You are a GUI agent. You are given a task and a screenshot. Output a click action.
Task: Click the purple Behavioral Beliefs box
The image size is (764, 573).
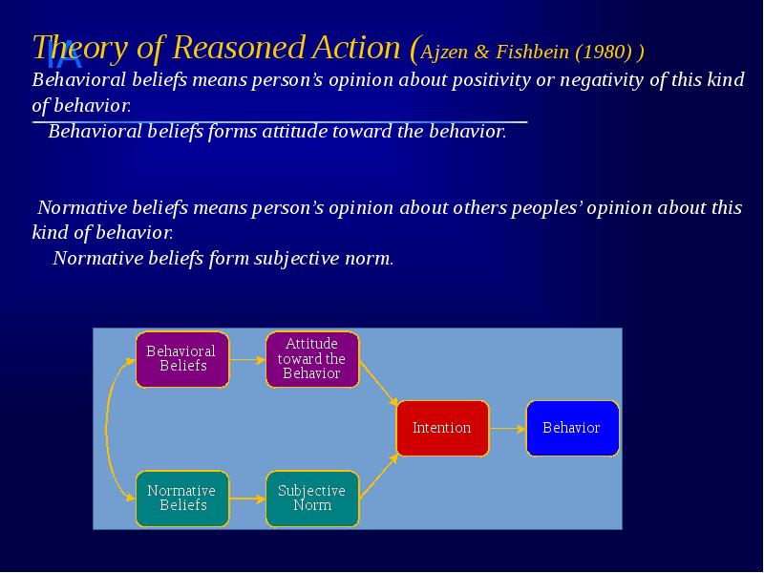pos(182,359)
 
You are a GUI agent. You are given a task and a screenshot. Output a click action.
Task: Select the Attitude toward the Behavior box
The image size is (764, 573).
pos(311,359)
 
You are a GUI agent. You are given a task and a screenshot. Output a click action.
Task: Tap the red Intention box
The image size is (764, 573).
pos(441,428)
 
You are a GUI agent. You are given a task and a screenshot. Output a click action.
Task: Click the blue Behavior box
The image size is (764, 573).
pos(571,428)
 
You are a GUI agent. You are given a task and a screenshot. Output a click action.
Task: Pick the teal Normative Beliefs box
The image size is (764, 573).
pos(182,498)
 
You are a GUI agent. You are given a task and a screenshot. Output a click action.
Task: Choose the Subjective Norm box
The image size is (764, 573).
pos(311,498)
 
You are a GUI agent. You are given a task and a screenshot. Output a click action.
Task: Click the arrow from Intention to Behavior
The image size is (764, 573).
pos(507,428)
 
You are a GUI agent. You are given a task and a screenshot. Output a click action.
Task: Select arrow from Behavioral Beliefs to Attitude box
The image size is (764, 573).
pos(247,360)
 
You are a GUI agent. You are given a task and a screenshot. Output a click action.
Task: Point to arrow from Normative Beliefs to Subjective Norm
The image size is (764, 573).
pos(247,498)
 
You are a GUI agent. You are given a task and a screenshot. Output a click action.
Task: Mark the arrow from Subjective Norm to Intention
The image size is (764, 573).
pos(378,475)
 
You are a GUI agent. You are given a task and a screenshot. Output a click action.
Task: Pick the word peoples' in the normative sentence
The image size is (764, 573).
pos(542,207)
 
